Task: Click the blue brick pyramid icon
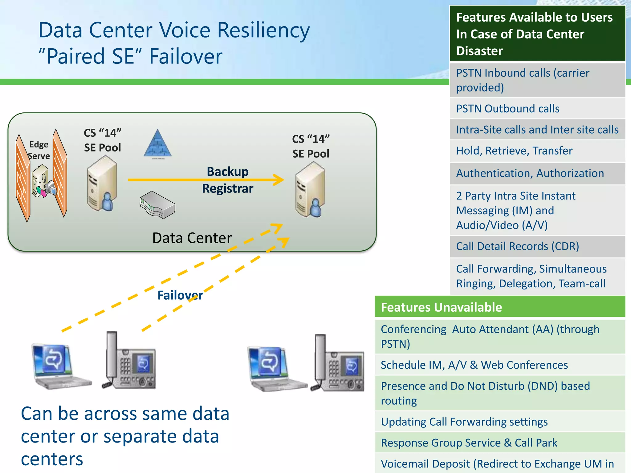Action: tap(157, 144)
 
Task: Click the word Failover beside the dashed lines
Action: tap(180, 295)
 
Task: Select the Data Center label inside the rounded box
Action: tap(192, 238)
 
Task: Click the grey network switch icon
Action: tap(157, 205)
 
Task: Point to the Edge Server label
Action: tap(39, 150)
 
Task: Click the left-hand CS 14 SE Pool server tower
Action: tap(102, 184)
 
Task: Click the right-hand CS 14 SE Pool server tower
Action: tap(310, 190)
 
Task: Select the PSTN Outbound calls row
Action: tap(537, 109)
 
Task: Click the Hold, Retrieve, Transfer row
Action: tap(537, 151)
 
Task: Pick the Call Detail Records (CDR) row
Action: tap(537, 246)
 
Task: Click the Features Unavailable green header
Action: tap(500, 307)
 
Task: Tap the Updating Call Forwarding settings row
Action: tap(500, 422)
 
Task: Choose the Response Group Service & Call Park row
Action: tap(500, 443)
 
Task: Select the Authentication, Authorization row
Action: tap(537, 173)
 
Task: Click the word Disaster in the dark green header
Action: tap(479, 51)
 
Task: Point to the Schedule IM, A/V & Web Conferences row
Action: tap(500, 365)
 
